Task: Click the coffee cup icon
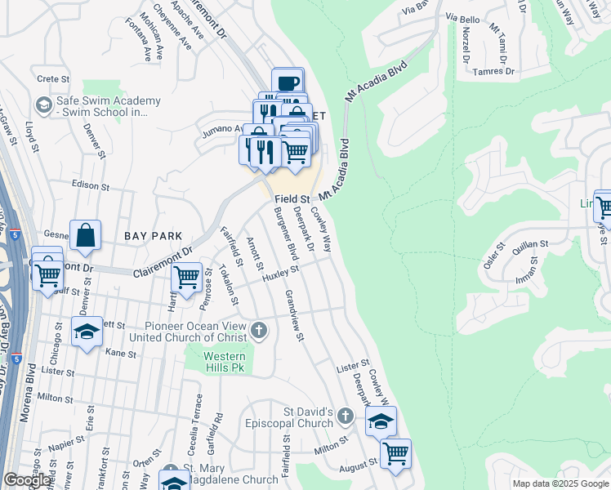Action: (x=288, y=82)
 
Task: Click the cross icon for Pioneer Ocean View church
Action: (x=259, y=331)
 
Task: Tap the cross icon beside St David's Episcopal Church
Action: (x=346, y=417)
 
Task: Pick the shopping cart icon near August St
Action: (x=395, y=452)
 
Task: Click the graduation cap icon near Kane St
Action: (x=87, y=332)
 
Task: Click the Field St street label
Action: (x=292, y=198)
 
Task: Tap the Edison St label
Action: (x=90, y=185)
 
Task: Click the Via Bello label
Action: (x=462, y=17)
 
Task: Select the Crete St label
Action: (x=51, y=78)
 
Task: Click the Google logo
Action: (x=28, y=480)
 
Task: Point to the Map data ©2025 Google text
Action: (x=560, y=483)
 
